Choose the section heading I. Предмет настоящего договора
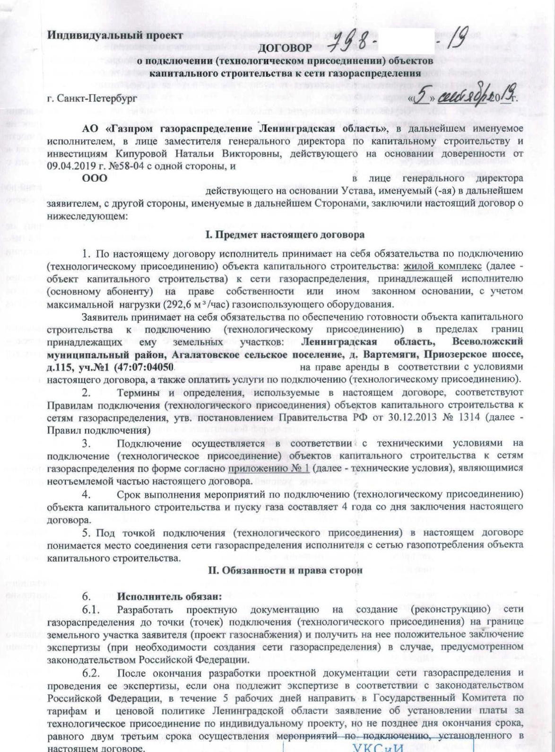click(x=285, y=235)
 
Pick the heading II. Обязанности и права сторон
click(x=286, y=570)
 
